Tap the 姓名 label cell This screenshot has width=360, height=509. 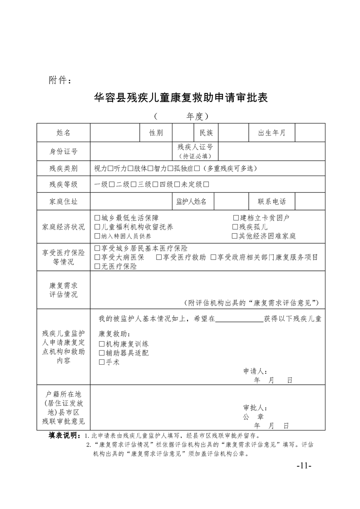(64, 133)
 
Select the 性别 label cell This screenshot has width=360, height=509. (156, 133)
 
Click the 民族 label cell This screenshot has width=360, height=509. (206, 133)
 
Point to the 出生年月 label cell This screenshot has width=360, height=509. (271, 133)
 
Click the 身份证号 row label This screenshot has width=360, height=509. (64, 151)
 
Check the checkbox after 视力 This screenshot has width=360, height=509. (111, 169)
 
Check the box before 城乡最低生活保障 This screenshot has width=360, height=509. (97, 218)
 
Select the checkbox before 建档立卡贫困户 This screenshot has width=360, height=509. (236, 218)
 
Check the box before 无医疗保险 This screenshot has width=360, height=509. (97, 267)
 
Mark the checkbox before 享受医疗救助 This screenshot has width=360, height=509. (159, 258)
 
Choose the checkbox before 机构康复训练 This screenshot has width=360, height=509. (102, 344)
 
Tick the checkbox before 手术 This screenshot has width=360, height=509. (102, 362)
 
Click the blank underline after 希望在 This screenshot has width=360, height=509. (239, 319)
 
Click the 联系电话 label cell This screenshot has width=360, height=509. (271, 201)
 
